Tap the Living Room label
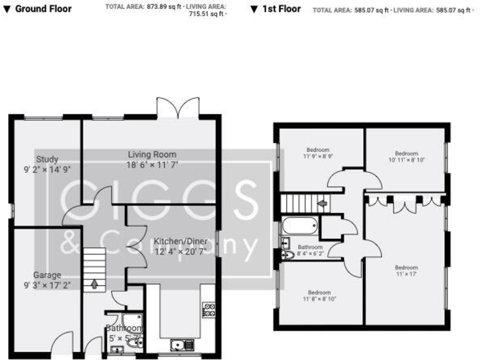152,154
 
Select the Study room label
47,159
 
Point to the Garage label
47,275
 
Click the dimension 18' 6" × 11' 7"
152,164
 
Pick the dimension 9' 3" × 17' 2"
47,285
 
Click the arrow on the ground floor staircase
94,285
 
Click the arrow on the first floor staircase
322,203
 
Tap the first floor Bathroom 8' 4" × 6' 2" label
310,250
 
